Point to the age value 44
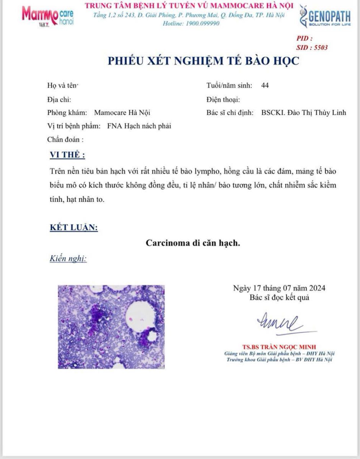(x=265, y=85)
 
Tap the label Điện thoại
(x=223, y=100)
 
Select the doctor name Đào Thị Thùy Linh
(x=304, y=112)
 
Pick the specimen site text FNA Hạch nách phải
(x=139, y=126)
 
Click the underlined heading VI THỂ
(x=67, y=155)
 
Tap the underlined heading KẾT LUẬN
(x=74, y=228)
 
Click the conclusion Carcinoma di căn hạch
(x=193, y=243)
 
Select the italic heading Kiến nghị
(x=68, y=259)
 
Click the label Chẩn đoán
(x=65, y=139)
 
